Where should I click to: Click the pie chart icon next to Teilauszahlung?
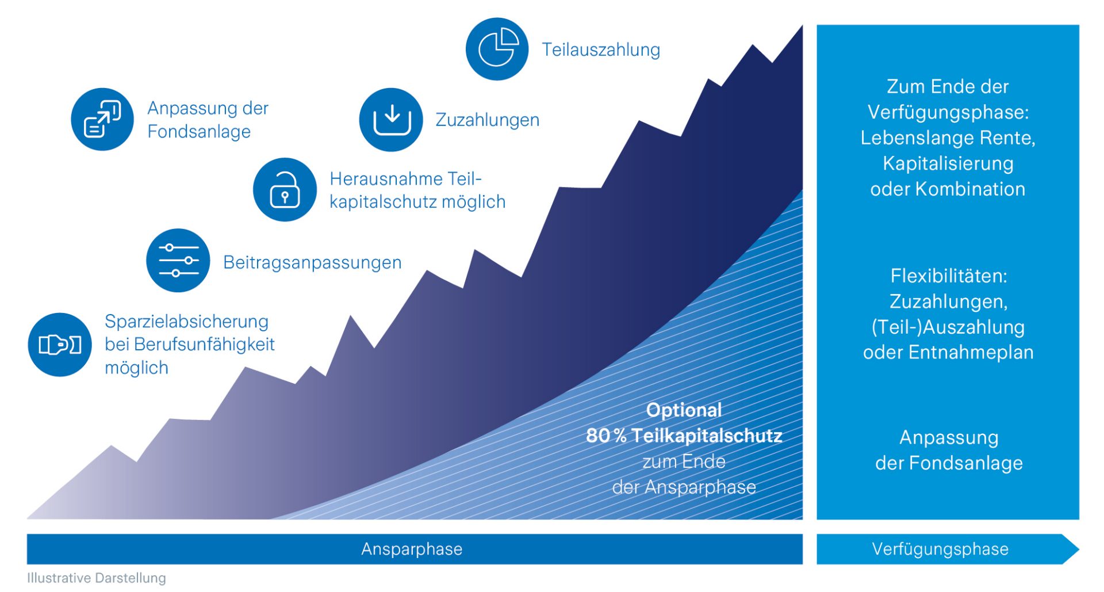(497, 49)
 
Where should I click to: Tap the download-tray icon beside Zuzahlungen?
(391, 120)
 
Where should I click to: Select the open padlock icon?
(285, 189)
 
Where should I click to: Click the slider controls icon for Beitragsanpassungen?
(178, 261)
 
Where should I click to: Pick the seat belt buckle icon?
(60, 345)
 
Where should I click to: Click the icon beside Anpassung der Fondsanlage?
(102, 119)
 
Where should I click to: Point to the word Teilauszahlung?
(601, 50)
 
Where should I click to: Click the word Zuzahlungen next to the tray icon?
(487, 120)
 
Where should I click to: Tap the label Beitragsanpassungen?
(312, 262)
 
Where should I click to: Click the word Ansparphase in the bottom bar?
(412, 549)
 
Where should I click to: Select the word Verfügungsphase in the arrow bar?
(940, 549)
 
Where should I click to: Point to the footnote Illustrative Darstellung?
(97, 578)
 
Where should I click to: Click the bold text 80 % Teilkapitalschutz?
(684, 436)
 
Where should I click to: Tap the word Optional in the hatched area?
(684, 410)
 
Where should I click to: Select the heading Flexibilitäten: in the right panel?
(949, 276)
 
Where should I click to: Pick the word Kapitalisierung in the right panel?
(948, 163)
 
